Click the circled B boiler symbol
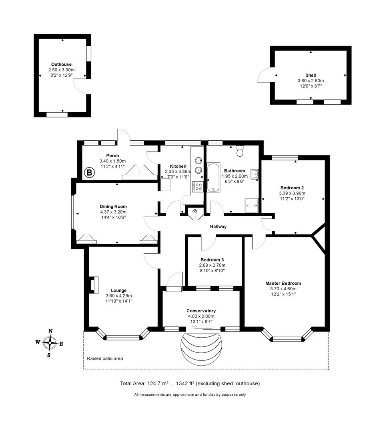click(x=89, y=173)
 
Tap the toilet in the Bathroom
click(x=240, y=151)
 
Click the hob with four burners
click(x=198, y=186)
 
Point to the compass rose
click(x=50, y=343)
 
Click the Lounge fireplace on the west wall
click(x=92, y=285)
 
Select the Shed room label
click(x=311, y=75)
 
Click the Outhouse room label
click(x=61, y=64)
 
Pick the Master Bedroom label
click(x=283, y=283)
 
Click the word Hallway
click(x=219, y=227)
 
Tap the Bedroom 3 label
click(x=212, y=259)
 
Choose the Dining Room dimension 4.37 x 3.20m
click(x=113, y=212)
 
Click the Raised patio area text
click(x=105, y=358)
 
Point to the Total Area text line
click(x=190, y=383)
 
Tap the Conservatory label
click(x=201, y=311)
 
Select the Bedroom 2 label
click(x=291, y=188)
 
